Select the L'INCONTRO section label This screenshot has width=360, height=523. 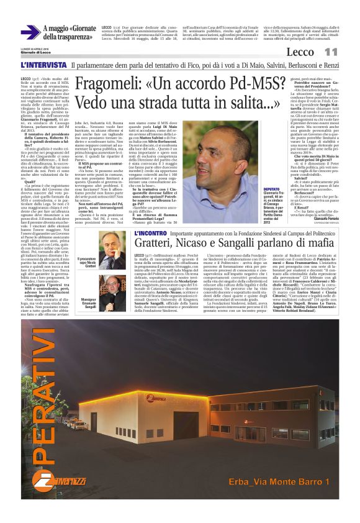(150, 234)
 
